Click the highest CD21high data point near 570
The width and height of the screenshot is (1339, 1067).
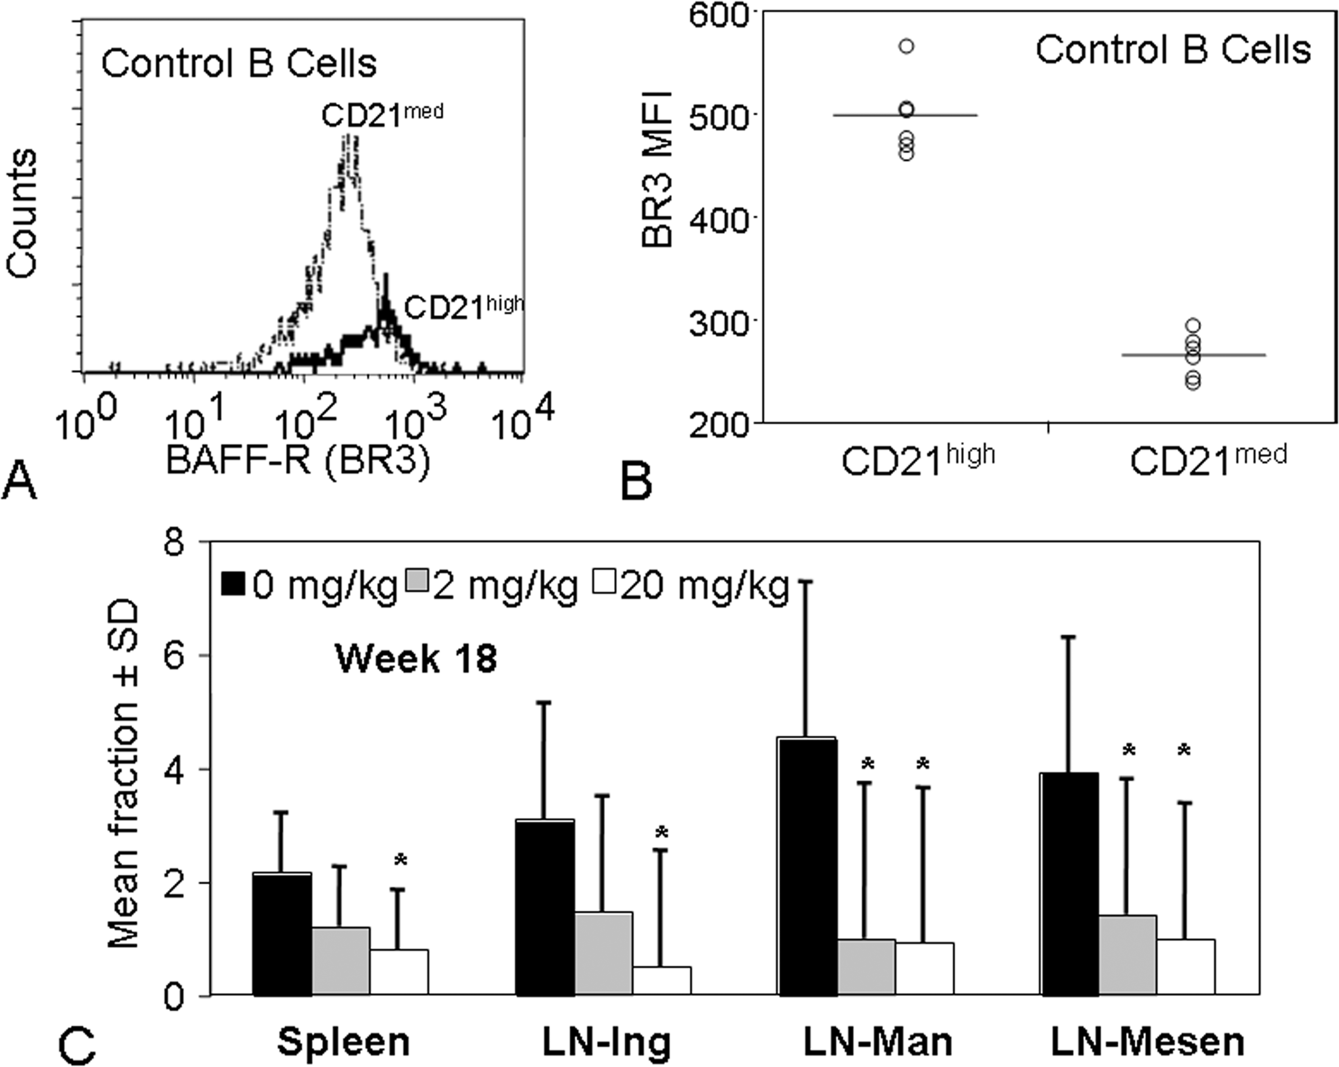point(907,46)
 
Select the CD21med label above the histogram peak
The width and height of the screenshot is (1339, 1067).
point(382,115)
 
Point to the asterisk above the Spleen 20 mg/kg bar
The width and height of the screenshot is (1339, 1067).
point(401,860)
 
